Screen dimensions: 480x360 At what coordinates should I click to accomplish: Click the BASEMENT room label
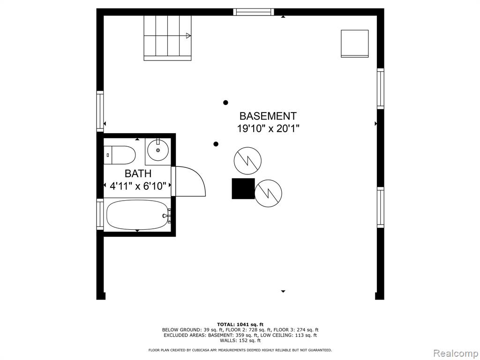pos(268,116)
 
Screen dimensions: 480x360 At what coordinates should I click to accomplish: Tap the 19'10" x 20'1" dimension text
pos(268,128)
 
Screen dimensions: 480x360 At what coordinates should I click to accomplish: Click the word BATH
pos(138,173)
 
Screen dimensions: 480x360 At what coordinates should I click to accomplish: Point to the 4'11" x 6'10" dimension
pos(138,186)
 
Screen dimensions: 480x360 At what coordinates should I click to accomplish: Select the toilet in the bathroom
pos(120,155)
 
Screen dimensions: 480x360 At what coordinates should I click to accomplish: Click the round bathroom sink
pos(158,150)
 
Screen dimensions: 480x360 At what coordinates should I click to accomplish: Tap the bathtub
pos(137,215)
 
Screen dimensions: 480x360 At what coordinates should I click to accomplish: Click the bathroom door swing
pos(189,181)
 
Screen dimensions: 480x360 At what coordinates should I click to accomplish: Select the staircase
pos(167,38)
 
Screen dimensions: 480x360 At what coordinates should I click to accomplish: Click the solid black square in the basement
pos(243,188)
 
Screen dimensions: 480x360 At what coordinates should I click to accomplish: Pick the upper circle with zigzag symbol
pos(247,161)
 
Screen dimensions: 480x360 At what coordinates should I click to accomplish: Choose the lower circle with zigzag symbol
pos(268,193)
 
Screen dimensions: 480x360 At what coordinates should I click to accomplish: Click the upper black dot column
pos(225,103)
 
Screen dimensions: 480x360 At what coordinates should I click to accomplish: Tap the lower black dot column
pos(216,144)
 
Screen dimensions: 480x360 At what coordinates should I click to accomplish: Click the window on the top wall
pos(254,12)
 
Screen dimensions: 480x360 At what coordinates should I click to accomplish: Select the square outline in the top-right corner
pos(355,44)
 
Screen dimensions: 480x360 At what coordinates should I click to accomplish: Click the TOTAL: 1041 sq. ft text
pos(240,324)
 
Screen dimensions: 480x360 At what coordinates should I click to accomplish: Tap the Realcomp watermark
pos(455,353)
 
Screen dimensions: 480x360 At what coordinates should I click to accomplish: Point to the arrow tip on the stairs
pos(190,36)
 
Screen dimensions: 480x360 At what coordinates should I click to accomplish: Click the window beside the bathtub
pos(100,214)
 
